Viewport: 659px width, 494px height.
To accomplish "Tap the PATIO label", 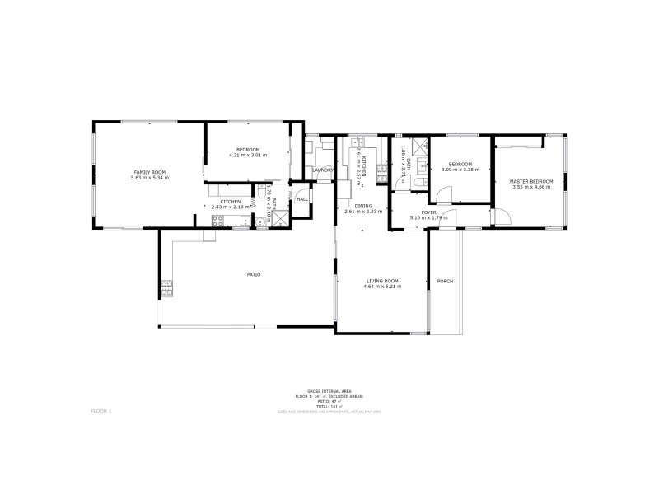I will [x=255, y=274].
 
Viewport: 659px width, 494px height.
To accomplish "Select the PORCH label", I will [x=446, y=282].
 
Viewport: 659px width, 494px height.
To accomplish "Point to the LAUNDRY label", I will [x=322, y=170].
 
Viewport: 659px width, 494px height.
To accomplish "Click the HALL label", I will [x=302, y=199].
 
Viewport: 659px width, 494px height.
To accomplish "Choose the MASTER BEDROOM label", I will [x=530, y=181].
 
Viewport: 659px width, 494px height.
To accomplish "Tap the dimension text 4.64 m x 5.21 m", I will [x=383, y=287].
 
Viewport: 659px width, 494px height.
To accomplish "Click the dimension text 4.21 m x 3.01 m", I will [x=248, y=155].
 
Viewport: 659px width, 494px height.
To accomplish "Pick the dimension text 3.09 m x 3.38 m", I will [x=460, y=170].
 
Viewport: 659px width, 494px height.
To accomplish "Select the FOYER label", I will [x=429, y=212].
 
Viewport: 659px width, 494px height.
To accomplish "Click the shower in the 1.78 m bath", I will [x=282, y=218].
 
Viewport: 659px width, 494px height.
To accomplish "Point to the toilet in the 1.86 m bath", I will [x=419, y=183].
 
